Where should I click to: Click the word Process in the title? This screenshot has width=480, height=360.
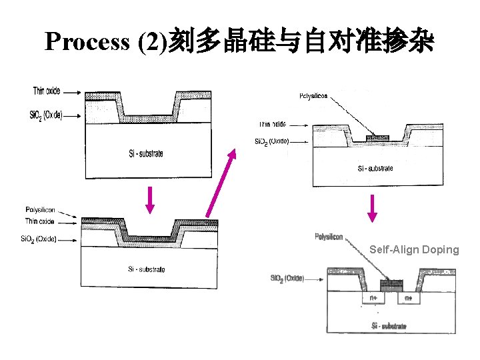(87, 42)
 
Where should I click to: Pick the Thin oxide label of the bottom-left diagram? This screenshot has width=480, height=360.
(40, 221)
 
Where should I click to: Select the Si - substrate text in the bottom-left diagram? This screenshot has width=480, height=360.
(146, 269)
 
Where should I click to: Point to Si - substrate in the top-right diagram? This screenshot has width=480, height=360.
(375, 168)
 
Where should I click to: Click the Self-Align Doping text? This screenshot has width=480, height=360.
(414, 249)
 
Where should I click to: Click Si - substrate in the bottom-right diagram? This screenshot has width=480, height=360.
(389, 326)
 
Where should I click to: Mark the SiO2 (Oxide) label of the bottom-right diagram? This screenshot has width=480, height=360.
(287, 278)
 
